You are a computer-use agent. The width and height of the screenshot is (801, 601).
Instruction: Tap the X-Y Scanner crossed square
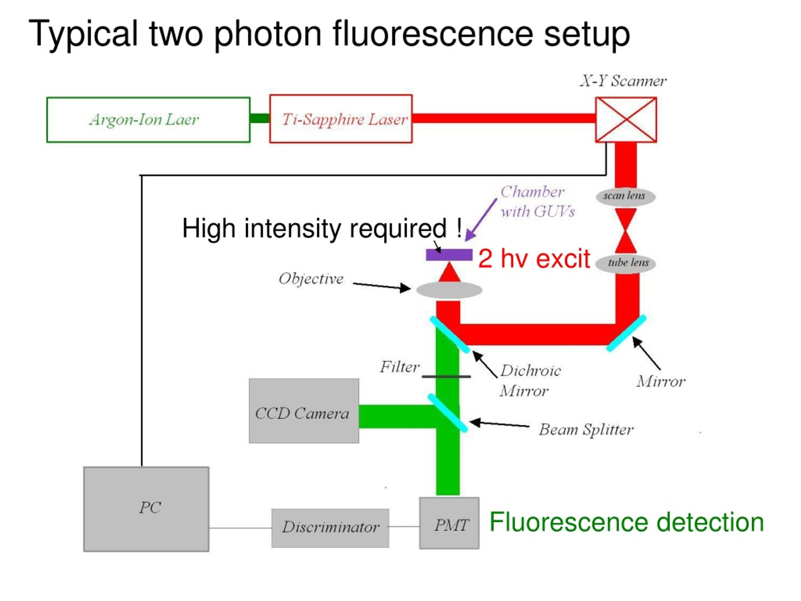click(x=626, y=120)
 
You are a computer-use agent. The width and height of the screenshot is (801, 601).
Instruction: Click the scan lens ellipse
click(x=625, y=197)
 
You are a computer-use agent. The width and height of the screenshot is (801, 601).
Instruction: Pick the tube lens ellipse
click(x=625, y=263)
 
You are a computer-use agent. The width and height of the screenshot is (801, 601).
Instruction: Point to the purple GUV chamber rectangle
click(x=449, y=255)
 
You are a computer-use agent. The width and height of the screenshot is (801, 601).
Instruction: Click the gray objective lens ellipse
click(x=449, y=290)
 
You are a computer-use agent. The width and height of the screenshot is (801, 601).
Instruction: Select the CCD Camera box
click(x=304, y=411)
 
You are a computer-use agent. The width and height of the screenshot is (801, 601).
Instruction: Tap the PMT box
click(x=449, y=523)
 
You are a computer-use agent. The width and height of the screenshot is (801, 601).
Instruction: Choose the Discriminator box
click(x=330, y=528)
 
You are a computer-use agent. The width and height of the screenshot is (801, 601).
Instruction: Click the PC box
click(x=146, y=509)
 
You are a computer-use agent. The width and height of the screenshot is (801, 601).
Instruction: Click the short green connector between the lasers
click(x=260, y=118)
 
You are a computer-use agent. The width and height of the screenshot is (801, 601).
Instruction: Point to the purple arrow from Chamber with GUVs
click(x=481, y=220)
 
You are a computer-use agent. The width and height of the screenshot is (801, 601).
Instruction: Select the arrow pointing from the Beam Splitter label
click(x=499, y=424)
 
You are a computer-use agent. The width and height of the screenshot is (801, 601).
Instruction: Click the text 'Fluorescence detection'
click(x=626, y=522)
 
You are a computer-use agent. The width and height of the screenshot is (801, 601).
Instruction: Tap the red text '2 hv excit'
click(x=534, y=259)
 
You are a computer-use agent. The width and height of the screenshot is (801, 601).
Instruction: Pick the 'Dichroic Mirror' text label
click(x=530, y=381)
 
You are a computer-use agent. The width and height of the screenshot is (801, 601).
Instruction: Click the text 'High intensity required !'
click(x=322, y=229)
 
